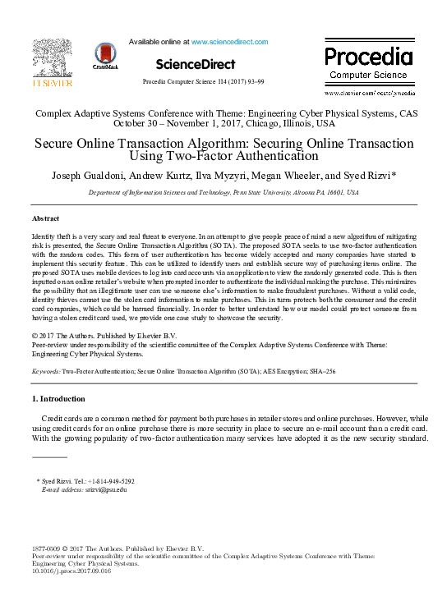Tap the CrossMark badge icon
pos(106,56)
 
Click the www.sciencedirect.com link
pos(229,42)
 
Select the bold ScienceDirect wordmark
pos(195,64)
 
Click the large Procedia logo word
pos(367,57)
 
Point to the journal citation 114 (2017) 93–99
pos(234,83)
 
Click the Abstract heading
pos(45,219)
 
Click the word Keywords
pos(45,372)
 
